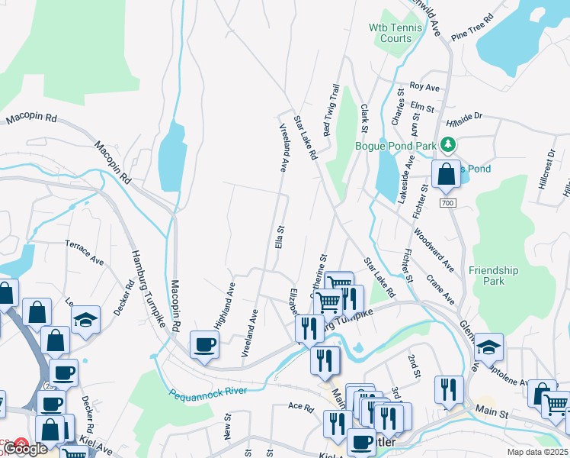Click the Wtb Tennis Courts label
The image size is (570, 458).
click(389, 33)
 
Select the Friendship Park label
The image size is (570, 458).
click(493, 276)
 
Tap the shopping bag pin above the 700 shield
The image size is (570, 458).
click(446, 174)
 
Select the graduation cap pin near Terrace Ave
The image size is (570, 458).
click(85, 321)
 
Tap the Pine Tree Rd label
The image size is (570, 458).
click(472, 26)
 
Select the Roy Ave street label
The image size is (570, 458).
click(425, 86)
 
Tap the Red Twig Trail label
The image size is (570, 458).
click(330, 111)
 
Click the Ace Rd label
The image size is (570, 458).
click(301, 408)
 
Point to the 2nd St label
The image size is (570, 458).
click(415, 365)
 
